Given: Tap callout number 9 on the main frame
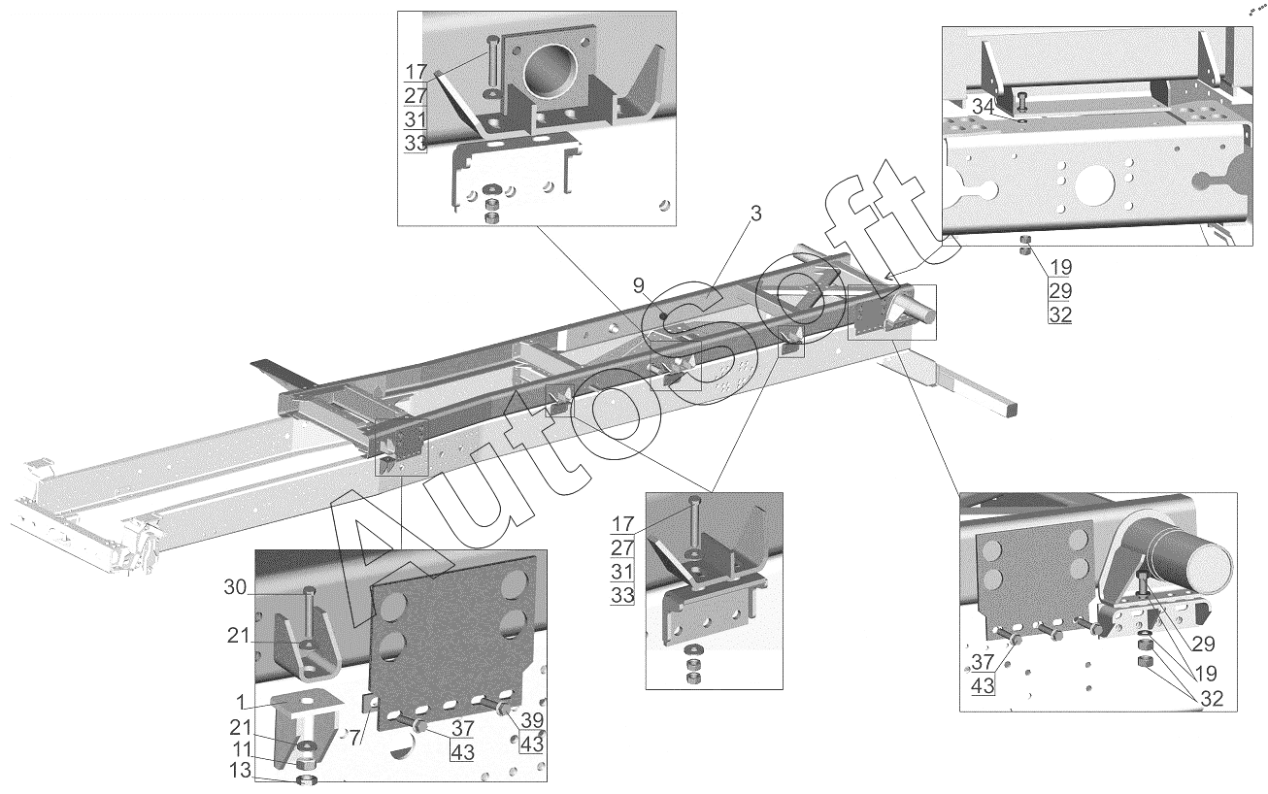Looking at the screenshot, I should coord(639,284).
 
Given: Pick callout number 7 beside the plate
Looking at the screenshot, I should coord(355,738).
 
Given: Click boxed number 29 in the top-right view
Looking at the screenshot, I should coord(1059,289).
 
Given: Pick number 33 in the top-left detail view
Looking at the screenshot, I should coord(416,143).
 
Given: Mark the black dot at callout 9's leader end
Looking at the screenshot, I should coord(661,315).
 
